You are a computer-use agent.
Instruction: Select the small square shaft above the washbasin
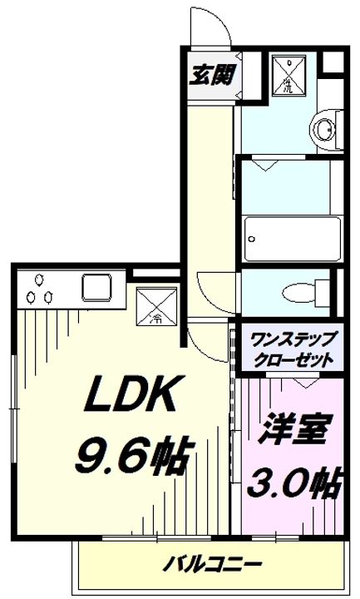tap(331, 63)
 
